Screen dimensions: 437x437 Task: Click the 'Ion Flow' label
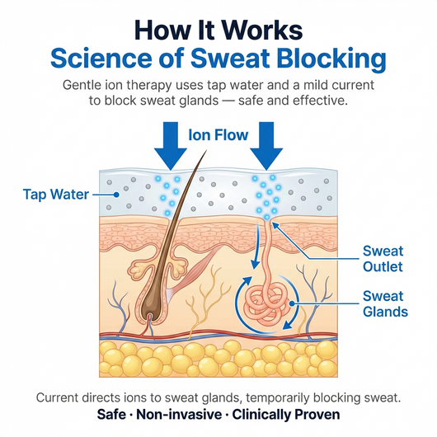click(x=218, y=135)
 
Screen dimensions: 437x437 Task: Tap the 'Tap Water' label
click(x=56, y=195)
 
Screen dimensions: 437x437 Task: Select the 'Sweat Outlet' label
click(x=383, y=259)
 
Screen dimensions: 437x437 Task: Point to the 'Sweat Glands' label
click(x=385, y=303)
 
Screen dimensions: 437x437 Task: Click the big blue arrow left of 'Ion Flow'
click(x=171, y=146)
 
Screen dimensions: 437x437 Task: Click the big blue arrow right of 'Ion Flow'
click(x=266, y=146)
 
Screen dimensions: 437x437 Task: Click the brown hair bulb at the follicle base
click(x=150, y=308)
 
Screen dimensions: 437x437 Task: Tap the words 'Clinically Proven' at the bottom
click(x=286, y=415)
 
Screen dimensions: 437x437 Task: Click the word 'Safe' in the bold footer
click(x=111, y=415)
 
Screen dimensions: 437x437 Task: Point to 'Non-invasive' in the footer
click(x=179, y=415)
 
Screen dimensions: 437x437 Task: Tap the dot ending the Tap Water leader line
click(x=116, y=195)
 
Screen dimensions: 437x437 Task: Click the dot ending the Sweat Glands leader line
click(x=292, y=303)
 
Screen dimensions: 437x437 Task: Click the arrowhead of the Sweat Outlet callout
click(x=275, y=225)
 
